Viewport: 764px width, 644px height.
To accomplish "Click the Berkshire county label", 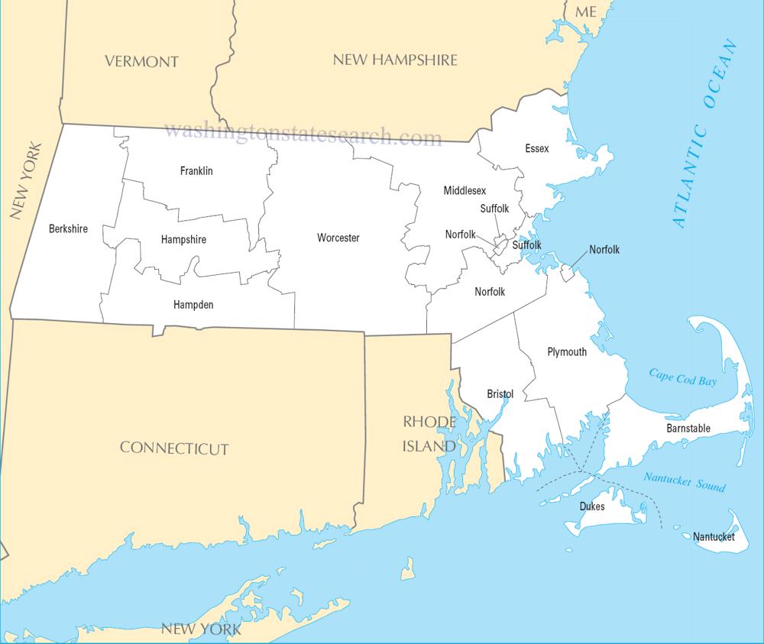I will tap(68, 228).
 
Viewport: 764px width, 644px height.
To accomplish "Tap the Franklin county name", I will tap(196, 171).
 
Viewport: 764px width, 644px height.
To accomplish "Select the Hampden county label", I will tap(193, 305).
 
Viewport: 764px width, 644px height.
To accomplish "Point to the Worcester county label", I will tap(338, 238).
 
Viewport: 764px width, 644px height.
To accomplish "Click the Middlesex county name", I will tap(465, 190).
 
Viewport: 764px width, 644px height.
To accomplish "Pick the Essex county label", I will tap(536, 148).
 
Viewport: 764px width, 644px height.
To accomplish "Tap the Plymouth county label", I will tap(567, 352).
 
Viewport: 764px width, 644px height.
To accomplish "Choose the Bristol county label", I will tap(500, 394).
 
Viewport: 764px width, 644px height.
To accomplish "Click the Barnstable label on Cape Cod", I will tap(688, 429).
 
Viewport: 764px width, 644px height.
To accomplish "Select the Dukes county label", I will tap(591, 506).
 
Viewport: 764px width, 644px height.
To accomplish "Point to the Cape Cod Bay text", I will tap(683, 377).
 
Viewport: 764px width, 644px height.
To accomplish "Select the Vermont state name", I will tap(141, 62).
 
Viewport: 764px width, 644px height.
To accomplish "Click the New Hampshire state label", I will tap(395, 60).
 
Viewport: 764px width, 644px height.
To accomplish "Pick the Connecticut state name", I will tap(174, 448).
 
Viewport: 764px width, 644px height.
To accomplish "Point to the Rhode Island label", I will tap(429, 433).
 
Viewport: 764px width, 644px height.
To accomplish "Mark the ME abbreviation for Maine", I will tap(586, 11).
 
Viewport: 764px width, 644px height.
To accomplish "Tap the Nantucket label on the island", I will tap(714, 537).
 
